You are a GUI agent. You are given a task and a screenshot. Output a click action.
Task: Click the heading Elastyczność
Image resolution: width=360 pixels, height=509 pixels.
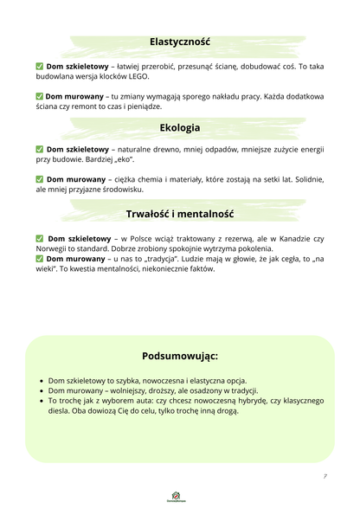tap(179, 42)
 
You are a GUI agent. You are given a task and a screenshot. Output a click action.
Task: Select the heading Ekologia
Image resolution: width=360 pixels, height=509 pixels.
tap(179, 127)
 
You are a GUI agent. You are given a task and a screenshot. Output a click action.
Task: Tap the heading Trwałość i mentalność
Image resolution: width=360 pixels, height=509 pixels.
tap(179, 213)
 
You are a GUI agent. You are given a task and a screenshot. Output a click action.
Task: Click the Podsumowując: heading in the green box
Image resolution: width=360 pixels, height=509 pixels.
tap(179, 356)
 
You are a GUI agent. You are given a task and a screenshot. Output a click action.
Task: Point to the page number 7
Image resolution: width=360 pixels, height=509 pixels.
tap(325, 477)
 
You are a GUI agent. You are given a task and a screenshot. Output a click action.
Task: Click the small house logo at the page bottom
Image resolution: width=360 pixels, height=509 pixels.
tap(179, 495)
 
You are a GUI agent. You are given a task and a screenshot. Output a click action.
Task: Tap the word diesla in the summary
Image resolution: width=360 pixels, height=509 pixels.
tap(61, 411)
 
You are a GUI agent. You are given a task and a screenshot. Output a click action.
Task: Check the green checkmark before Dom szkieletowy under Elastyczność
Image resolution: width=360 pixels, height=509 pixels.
tap(40, 66)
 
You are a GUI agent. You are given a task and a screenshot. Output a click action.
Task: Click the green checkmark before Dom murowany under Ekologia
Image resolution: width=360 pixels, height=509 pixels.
tap(40, 179)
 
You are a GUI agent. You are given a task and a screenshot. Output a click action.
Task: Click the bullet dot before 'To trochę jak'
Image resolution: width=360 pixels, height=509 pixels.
tap(42, 401)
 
